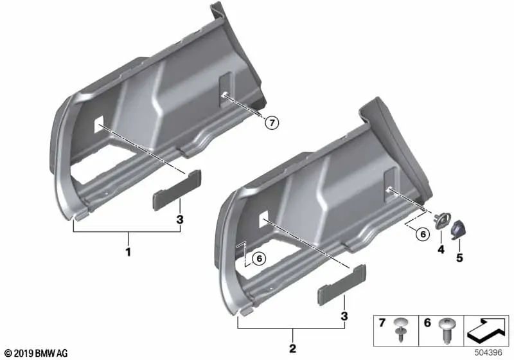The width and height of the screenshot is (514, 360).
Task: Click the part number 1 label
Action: point(128,253)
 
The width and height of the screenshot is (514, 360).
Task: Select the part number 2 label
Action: point(292,349)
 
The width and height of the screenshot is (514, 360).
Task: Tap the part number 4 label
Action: point(440,249)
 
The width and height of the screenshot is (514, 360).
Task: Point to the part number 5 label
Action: point(459,258)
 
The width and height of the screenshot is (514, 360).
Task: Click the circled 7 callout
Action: point(271,123)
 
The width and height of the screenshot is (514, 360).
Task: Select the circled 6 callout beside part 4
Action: point(422,235)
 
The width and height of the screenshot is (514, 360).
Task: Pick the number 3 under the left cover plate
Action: point(180,220)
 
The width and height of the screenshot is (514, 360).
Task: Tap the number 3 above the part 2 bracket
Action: point(344,316)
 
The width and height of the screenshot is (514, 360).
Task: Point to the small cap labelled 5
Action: point(461,228)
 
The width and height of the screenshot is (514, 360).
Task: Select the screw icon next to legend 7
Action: point(402,328)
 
